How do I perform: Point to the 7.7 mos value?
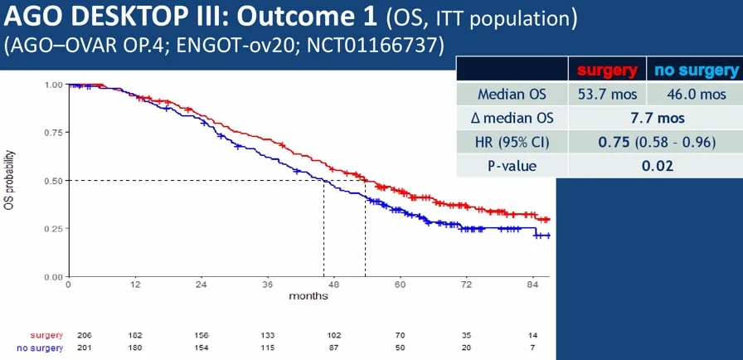652,118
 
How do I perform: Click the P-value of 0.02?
652,165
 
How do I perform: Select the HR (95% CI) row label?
512,142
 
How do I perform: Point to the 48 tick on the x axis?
333,285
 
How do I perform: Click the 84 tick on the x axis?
533,285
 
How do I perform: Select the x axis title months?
308,296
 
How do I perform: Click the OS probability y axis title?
10,180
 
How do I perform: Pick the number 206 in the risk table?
84,334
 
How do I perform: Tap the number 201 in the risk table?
84,347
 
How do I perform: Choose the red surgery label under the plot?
48,334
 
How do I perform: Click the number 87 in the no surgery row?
333,347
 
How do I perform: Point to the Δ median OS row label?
512,118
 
